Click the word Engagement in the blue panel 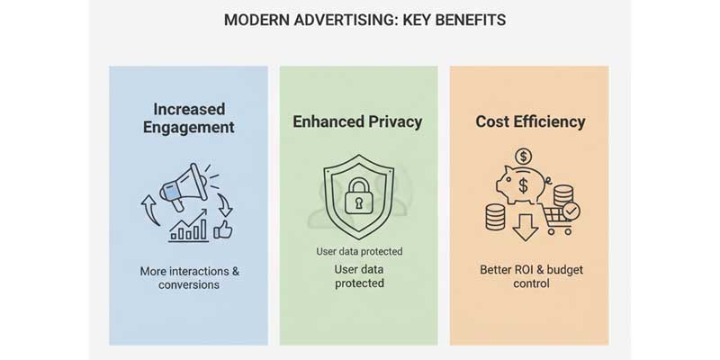point(188,127)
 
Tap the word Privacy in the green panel point(394,121)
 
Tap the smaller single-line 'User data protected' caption point(359,251)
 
